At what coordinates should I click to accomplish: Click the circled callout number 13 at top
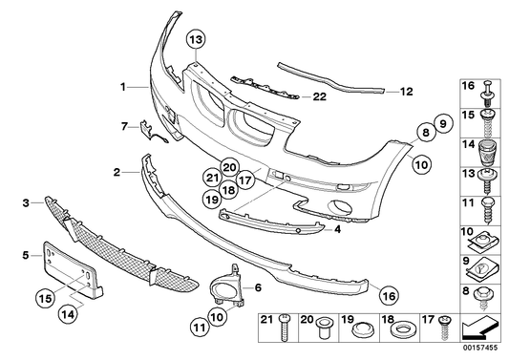coord(195,40)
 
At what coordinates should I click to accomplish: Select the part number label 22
coord(319,95)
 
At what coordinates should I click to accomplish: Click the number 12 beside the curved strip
coord(406,93)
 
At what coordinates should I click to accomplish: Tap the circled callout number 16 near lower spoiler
coord(388,295)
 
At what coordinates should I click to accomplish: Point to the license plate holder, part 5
coord(72,262)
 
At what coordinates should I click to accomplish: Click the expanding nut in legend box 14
coord(488,153)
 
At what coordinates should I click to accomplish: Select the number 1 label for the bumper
coord(123,86)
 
